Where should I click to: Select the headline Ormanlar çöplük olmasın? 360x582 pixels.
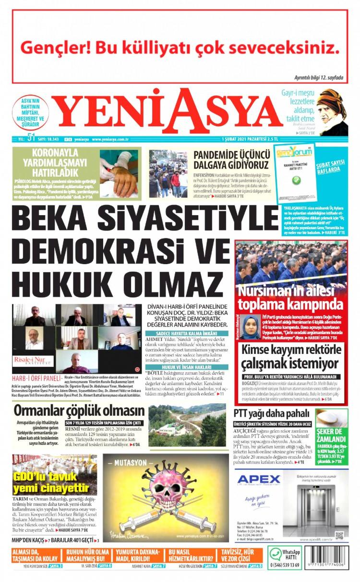click(79, 411)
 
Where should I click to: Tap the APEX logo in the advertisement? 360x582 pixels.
click(259, 479)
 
